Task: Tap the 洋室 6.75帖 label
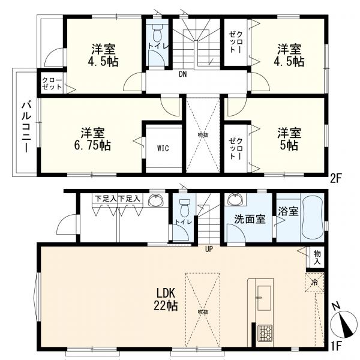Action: pyautogui.click(x=92, y=138)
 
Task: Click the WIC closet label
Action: pyautogui.click(x=162, y=147)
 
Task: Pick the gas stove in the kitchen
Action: pyautogui.click(x=265, y=332)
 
